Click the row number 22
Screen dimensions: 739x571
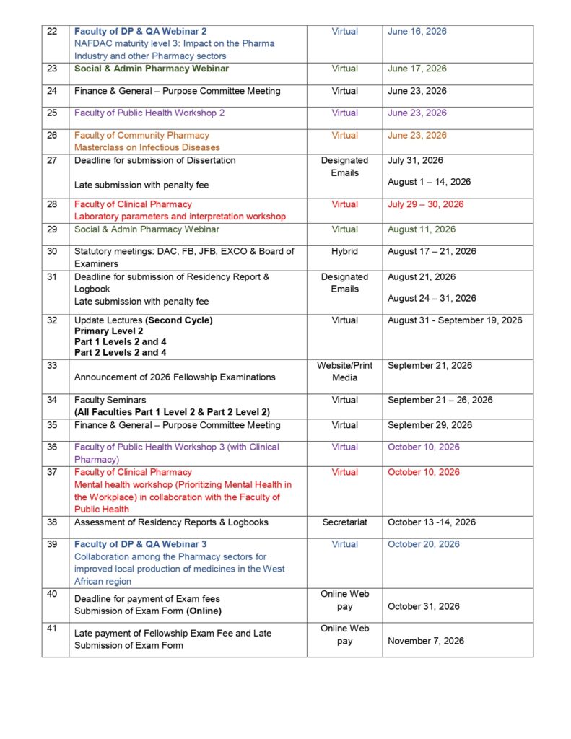pos(52,32)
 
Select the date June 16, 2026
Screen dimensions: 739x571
pos(417,32)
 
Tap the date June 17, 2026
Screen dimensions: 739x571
pos(417,69)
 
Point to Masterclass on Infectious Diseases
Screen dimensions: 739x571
pos(147,147)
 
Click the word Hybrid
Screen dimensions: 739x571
pos(344,252)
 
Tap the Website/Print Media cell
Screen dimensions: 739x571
pos(344,372)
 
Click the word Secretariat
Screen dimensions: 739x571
pos(344,522)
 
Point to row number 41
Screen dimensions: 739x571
pos(52,629)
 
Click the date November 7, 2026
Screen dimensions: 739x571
pos(426,641)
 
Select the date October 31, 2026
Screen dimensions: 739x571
pos(424,606)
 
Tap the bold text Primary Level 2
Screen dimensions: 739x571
pos(106,331)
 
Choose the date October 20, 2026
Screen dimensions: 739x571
pos(424,544)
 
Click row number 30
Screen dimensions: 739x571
pos(52,252)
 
